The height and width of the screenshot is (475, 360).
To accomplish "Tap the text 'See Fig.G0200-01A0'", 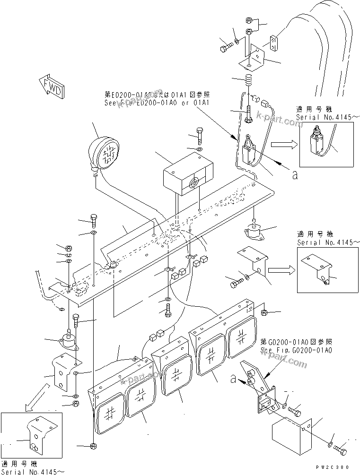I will [x=297, y=350].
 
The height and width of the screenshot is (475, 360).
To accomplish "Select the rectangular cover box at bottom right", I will [x=290, y=436].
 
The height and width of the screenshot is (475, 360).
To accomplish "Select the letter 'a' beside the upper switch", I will [x=295, y=175].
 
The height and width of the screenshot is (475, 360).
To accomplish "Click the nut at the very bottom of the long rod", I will [x=93, y=446].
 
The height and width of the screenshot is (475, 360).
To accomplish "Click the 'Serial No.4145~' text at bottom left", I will [x=32, y=471].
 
